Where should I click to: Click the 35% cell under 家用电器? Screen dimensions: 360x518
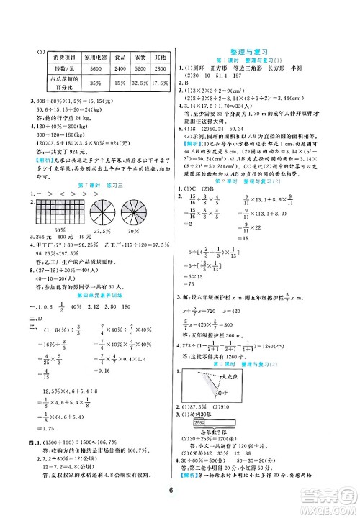[89, 83]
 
